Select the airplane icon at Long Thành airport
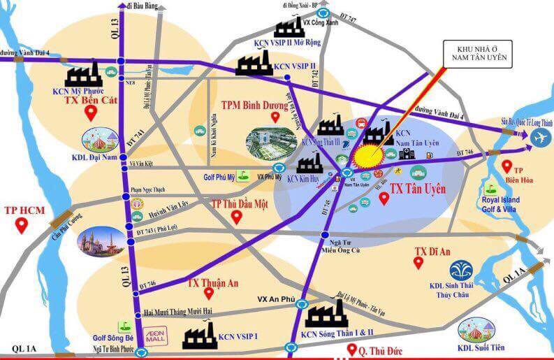click(540, 138)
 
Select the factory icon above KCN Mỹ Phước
click(82, 77)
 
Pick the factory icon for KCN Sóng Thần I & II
click(325, 319)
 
